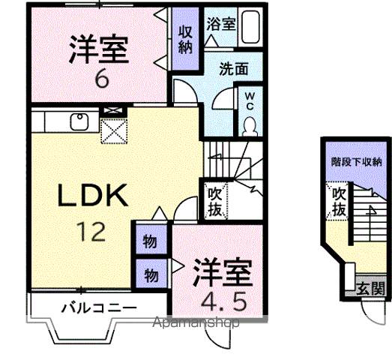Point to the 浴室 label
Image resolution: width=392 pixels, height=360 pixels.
pos(222,22)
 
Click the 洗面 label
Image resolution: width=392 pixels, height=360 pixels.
pos(233,68)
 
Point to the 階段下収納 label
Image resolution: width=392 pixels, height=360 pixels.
pos(357,160)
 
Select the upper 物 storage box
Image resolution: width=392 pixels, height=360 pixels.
pos(149,242)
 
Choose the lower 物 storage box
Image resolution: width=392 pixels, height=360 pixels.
pos(149,274)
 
